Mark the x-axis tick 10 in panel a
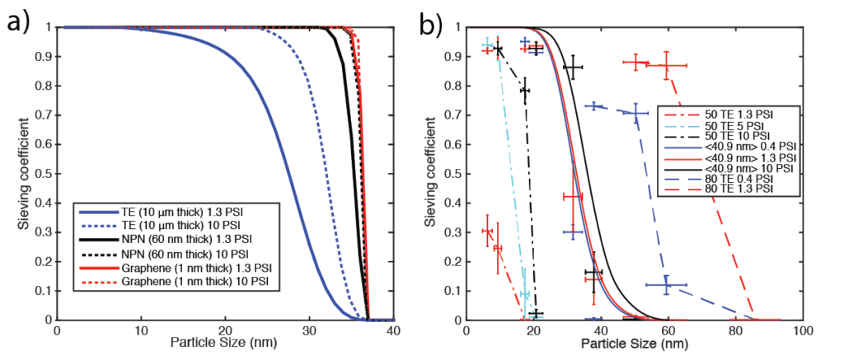[140, 330]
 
